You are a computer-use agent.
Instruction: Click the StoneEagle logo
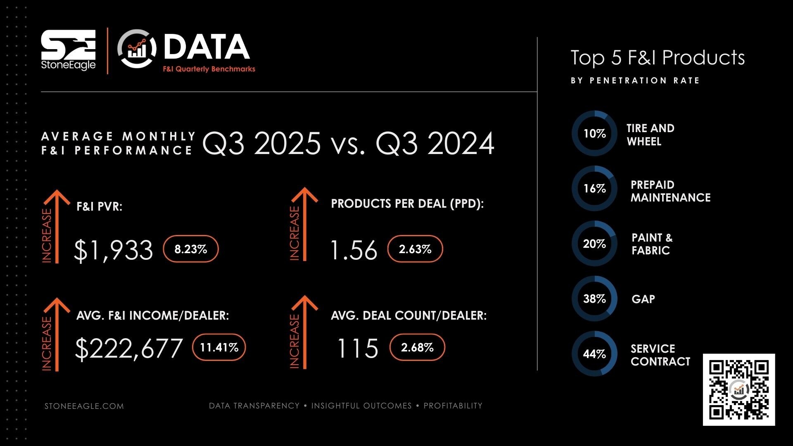[68, 50]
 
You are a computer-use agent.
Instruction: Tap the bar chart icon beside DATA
[137, 49]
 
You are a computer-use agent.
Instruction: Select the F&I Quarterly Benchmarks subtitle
[209, 69]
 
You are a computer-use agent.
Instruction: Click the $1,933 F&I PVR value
[113, 250]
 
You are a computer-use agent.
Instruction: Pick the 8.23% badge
[191, 249]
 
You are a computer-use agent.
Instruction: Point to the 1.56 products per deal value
[354, 250]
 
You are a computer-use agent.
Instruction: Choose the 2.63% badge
[415, 249]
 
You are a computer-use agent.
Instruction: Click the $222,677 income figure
[129, 348]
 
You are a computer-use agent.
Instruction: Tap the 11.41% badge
[219, 347]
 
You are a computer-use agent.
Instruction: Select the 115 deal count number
[358, 348]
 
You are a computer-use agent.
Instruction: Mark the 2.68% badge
[417, 347]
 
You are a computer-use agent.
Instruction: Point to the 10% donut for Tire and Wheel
[594, 133]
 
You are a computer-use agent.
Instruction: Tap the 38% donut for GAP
[594, 299]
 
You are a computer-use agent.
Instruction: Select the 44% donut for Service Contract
[594, 353]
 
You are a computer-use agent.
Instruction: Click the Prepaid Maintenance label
[670, 191]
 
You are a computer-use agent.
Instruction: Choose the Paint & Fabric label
[652, 244]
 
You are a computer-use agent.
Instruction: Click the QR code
[739, 389]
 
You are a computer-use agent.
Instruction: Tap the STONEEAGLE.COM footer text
[84, 406]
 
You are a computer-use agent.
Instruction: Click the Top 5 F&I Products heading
[658, 58]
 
